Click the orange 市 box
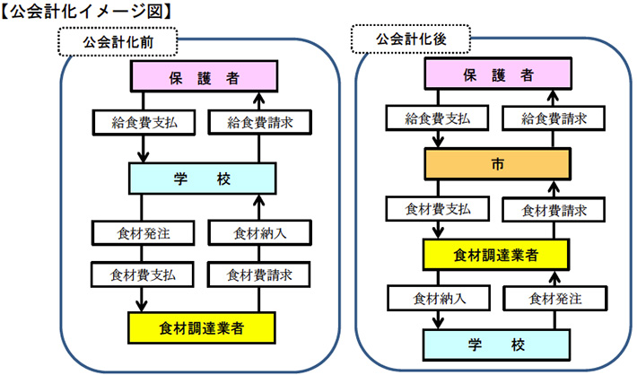497,164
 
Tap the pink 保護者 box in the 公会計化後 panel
497,75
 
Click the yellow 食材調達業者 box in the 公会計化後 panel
497,254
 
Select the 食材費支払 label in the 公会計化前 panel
143,273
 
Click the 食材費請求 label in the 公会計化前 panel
259,273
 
